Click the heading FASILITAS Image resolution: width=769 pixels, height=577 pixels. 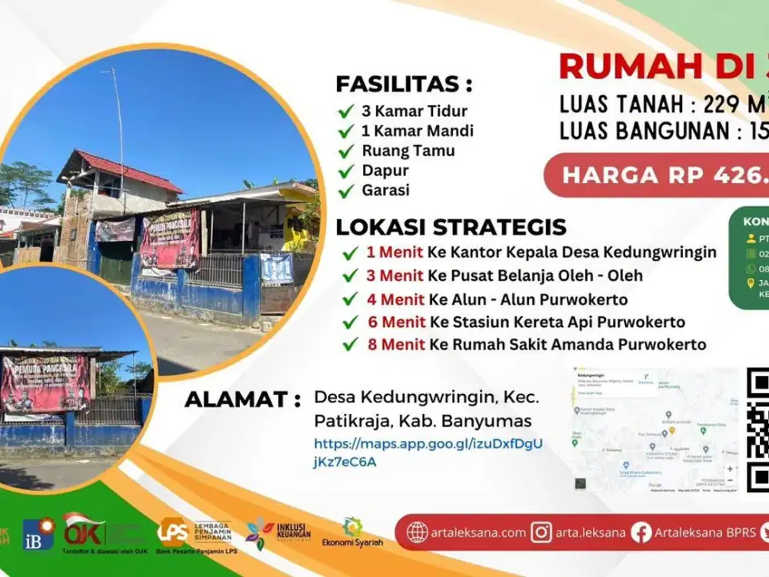tap(404, 84)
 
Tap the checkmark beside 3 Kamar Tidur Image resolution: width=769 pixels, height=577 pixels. tap(346, 111)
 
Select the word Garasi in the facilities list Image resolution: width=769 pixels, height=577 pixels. tap(385, 191)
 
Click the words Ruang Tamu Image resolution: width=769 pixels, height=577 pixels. tap(408, 151)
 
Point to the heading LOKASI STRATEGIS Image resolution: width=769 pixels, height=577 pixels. tap(451, 227)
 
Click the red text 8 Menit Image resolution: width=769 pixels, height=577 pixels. tap(395, 345)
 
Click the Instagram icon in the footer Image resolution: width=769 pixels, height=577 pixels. tap(542, 532)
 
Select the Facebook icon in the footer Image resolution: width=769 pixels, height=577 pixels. tap(641, 532)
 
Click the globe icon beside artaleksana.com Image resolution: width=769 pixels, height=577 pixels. tap(418, 532)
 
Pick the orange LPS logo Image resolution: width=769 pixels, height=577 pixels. tap(172, 531)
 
